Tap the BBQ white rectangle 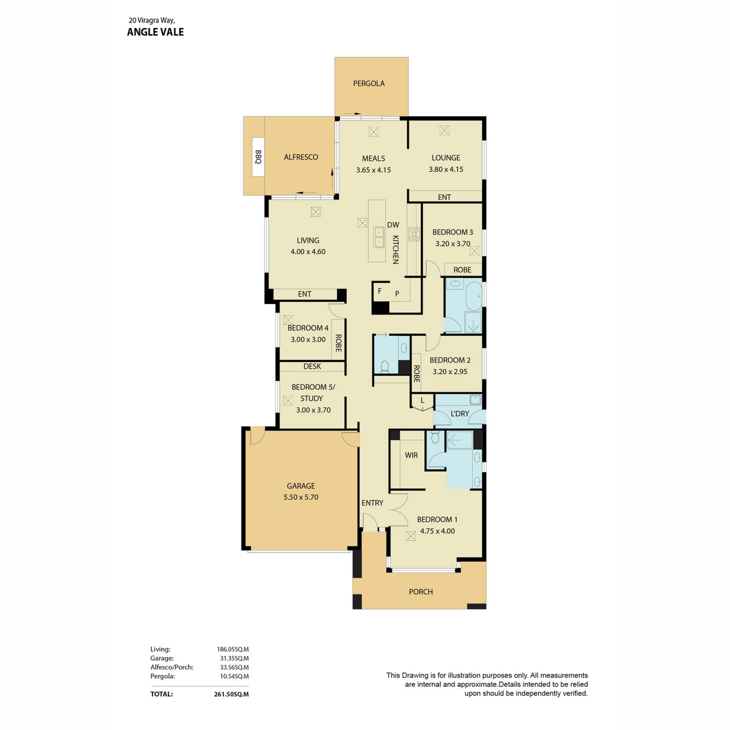pyautogui.click(x=257, y=156)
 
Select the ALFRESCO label pyautogui.click(x=301, y=157)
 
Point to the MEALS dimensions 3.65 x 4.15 pyautogui.click(x=373, y=170)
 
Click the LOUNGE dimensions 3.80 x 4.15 pyautogui.click(x=445, y=169)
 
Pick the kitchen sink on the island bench pyautogui.click(x=378, y=237)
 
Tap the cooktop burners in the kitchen pyautogui.click(x=413, y=234)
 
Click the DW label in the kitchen pyautogui.click(x=393, y=224)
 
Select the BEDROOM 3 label pyautogui.click(x=453, y=232)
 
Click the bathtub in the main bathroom pyautogui.click(x=473, y=295)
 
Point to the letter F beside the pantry pyautogui.click(x=380, y=291)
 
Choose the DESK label pyautogui.click(x=312, y=366)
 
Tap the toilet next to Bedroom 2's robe pyautogui.click(x=384, y=367)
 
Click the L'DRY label pyautogui.click(x=459, y=414)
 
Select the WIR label pyautogui.click(x=411, y=455)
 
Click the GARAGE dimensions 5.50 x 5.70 pyautogui.click(x=301, y=497)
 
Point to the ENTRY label pyautogui.click(x=372, y=502)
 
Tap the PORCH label pyautogui.click(x=420, y=591)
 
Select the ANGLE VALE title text pyautogui.click(x=155, y=32)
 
